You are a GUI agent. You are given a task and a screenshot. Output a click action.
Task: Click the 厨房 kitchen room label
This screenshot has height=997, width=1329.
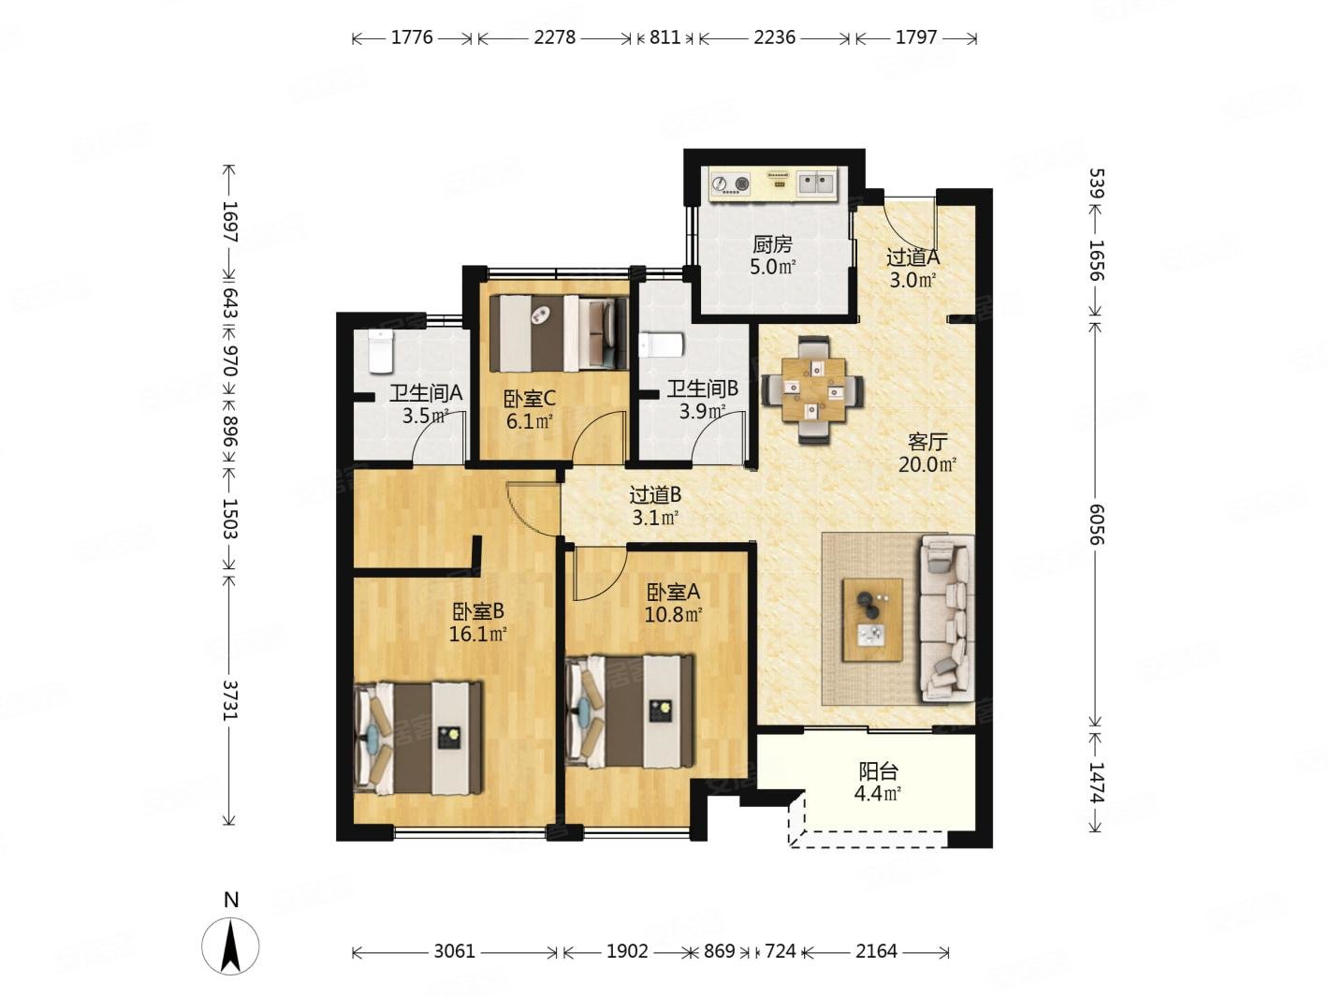point(772,244)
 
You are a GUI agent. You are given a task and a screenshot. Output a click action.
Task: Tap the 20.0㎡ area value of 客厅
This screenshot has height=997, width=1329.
point(927,465)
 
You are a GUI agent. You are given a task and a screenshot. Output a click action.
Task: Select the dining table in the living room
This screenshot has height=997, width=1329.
point(813,389)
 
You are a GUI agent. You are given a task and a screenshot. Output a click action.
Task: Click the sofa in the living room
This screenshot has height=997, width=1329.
point(946,618)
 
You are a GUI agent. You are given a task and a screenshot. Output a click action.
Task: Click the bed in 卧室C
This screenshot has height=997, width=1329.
point(559,333)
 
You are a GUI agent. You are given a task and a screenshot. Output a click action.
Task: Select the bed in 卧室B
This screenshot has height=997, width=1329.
point(418,738)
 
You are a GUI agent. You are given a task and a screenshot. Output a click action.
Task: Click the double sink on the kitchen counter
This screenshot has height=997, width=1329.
point(816,183)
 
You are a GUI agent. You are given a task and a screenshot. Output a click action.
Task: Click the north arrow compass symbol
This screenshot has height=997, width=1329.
point(230,945)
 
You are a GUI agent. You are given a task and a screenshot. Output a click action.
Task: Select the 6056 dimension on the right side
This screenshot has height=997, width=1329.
point(1097,524)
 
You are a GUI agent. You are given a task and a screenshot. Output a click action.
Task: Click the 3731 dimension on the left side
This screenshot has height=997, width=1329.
point(230,700)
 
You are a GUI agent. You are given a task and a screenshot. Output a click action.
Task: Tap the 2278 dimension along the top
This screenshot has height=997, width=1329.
point(555,37)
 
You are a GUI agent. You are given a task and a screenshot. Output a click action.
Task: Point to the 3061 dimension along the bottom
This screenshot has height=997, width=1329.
point(455,951)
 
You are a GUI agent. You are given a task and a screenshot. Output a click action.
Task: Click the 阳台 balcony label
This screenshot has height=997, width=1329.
point(878,771)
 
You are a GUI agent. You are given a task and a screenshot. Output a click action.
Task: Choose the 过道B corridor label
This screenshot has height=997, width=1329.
point(656,494)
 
